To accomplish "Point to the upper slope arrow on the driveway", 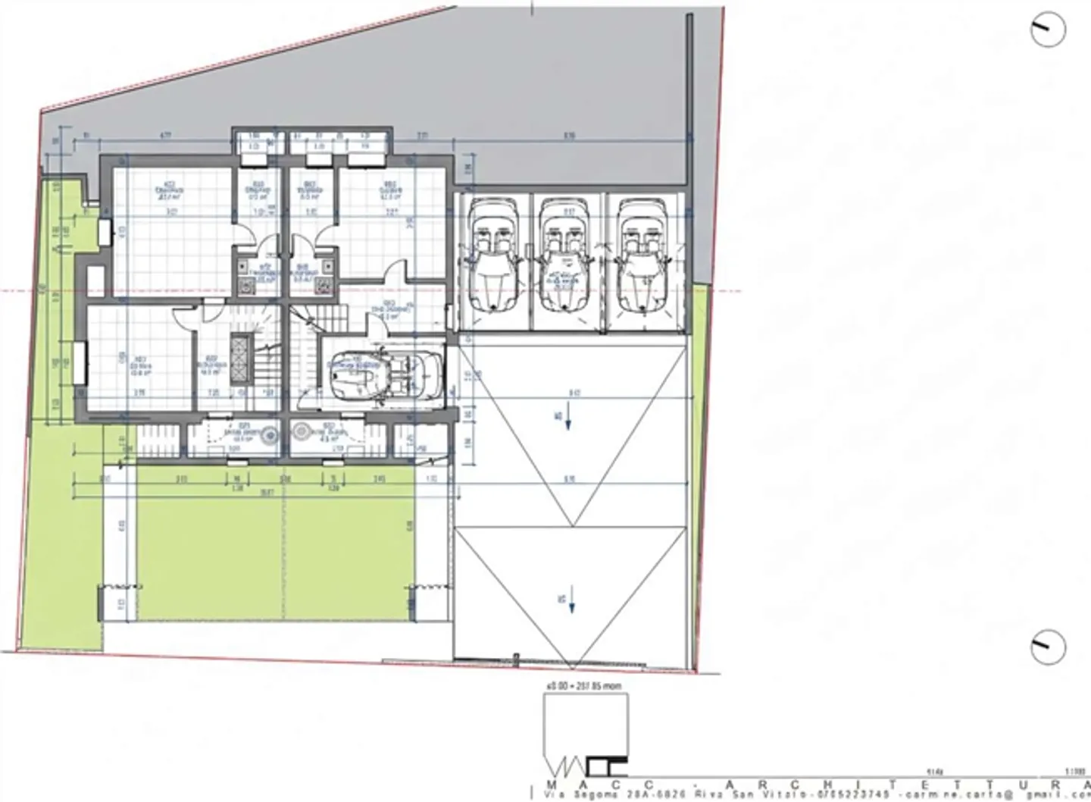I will [568, 421].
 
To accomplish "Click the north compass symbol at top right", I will [1048, 30].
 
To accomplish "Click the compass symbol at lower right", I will [1048, 647].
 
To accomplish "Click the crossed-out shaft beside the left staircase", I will [242, 356].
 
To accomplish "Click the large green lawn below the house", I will [273, 546].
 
